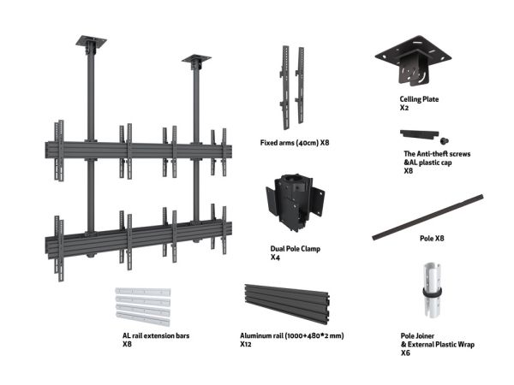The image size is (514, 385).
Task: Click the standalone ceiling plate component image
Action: tap(413, 62)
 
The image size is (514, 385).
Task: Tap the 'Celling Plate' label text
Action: tap(419, 99)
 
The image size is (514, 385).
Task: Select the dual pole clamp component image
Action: tap(295, 202)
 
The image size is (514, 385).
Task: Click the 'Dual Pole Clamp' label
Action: tap(295, 249)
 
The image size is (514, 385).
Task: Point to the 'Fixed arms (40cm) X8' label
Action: tap(295, 143)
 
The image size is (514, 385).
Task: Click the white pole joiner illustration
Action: tap(433, 290)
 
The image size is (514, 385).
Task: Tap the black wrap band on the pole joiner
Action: tap(433, 292)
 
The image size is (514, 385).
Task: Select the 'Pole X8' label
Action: tap(432, 239)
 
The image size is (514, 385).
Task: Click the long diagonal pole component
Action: tap(427, 217)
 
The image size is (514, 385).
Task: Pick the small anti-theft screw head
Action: tap(444, 141)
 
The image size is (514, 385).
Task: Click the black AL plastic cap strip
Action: tap(419, 134)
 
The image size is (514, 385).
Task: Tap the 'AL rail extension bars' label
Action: tap(156, 335)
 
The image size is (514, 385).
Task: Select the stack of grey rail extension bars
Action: tap(143, 307)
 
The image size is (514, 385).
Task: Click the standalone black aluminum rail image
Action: tap(287, 303)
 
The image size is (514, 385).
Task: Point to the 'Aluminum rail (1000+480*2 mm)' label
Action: tap(292, 335)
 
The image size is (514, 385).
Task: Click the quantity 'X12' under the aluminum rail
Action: tap(246, 344)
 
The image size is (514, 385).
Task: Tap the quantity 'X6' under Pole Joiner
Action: tap(405, 352)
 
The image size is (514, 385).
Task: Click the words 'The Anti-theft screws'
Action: tap(437, 154)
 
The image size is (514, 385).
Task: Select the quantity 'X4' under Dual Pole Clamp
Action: tap(275, 258)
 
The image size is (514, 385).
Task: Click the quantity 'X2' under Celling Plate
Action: tap(403, 108)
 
